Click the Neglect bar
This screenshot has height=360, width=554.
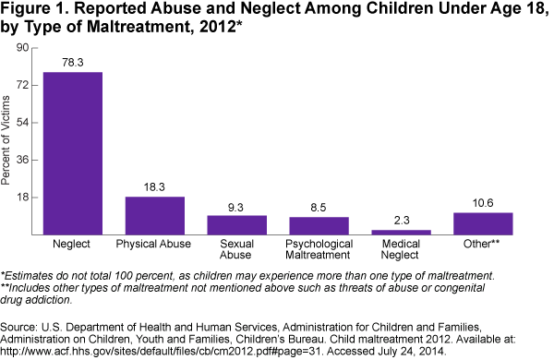73,153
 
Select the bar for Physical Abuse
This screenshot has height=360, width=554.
155,215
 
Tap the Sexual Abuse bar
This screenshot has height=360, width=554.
236,225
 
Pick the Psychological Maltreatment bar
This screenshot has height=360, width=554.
319,226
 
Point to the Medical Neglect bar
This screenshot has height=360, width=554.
401,232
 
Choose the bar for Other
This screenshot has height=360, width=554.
483,223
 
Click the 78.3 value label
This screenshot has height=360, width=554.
73,63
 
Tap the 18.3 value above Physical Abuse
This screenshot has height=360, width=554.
154,186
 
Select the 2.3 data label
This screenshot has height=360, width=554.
402,221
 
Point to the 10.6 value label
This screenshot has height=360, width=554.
483,203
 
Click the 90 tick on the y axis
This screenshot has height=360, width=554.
22,47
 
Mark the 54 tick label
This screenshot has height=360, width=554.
22,123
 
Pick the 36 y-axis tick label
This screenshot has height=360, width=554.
22,160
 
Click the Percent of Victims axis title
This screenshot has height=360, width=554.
6,140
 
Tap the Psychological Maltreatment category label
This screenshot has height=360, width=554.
319,249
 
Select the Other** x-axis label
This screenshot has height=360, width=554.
481,244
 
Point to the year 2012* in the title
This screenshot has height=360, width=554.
218,27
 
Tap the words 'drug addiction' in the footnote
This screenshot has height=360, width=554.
36,300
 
